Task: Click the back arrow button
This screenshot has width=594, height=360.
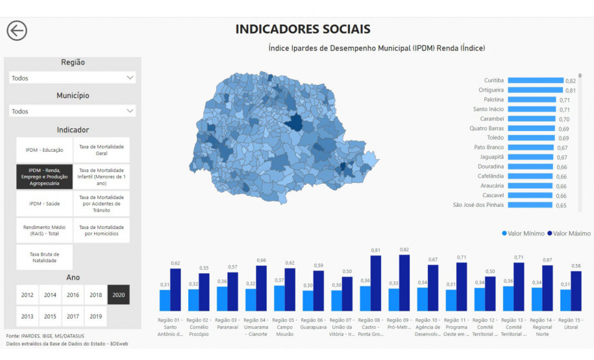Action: [17, 30]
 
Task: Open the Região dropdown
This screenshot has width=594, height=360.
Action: [73, 78]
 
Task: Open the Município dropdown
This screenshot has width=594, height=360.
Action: [73, 111]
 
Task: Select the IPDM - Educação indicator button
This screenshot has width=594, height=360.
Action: [45, 150]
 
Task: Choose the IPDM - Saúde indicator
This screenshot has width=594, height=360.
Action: [45, 204]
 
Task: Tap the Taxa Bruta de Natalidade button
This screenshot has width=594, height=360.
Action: [45, 258]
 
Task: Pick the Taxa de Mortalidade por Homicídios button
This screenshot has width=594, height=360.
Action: [101, 230]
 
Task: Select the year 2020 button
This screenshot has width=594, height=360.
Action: [118, 294]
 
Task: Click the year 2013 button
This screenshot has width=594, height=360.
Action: [27, 316]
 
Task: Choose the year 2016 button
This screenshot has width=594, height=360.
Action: [73, 294]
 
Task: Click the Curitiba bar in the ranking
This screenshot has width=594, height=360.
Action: [536, 80]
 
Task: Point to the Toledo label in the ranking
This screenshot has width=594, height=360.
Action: [495, 138]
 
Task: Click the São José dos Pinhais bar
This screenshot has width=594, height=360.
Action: [530, 205]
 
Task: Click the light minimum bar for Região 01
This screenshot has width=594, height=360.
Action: [165, 300]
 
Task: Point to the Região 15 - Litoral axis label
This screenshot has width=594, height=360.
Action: [571, 324]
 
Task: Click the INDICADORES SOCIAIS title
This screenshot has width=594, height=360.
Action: [303, 29]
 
